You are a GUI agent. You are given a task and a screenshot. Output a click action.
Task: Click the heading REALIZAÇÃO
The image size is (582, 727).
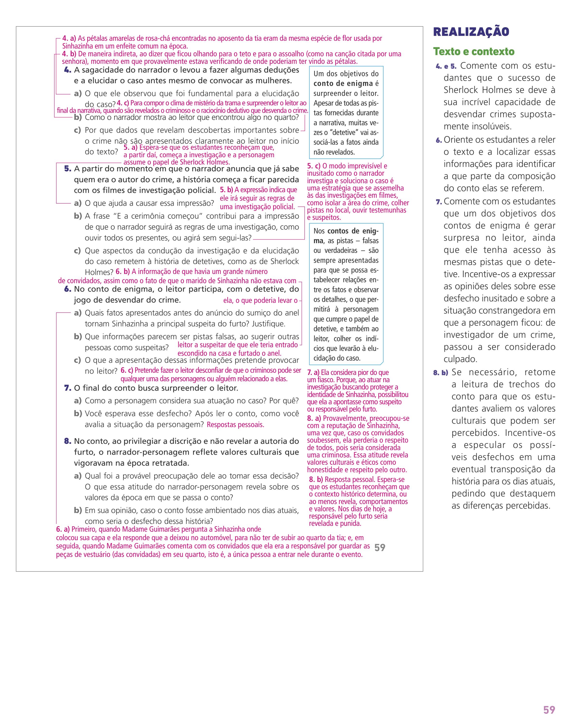click(471, 32)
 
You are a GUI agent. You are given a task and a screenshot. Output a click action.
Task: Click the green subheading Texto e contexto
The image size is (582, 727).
click(474, 52)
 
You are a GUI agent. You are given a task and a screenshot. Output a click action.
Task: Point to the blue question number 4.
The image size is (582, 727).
click(68, 70)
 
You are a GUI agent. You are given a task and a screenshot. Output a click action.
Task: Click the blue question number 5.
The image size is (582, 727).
click(68, 169)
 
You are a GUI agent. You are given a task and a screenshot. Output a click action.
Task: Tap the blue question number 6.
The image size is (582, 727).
click(68, 289)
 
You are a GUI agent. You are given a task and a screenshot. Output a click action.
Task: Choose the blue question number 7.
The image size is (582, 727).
click(68, 388)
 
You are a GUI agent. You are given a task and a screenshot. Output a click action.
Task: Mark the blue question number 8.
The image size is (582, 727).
click(68, 441)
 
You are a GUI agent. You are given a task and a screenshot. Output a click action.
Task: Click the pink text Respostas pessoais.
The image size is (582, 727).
click(235, 425)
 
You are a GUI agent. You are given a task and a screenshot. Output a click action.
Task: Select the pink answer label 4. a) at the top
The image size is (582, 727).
click(69, 38)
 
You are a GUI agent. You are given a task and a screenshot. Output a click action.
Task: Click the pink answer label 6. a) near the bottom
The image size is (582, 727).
click(63, 529)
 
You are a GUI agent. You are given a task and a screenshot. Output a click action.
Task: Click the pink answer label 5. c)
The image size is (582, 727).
click(314, 166)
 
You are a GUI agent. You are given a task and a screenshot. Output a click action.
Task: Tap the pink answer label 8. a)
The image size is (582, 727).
click(314, 419)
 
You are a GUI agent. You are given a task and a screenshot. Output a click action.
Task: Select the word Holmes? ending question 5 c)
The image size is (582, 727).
click(99, 272)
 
